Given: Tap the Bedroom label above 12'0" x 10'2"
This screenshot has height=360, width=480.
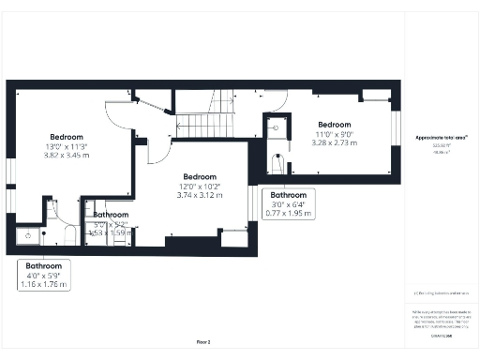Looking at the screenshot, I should click(200, 177).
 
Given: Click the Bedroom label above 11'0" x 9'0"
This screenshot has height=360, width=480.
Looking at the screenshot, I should click(334, 125).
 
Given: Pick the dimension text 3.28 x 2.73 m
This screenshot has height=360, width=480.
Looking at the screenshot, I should click(334, 142).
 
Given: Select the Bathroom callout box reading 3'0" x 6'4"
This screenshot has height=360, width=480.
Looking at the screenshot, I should click(288, 204).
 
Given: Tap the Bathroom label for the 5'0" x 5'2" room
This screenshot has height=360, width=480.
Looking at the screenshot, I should click(111, 215).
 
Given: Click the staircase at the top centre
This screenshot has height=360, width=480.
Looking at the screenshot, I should click(209, 119).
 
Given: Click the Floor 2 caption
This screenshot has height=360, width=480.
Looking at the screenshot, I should click(203, 342).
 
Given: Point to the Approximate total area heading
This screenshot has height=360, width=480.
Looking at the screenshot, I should click(442, 138).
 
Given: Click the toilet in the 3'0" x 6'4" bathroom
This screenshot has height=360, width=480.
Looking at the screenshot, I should click(276, 165).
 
